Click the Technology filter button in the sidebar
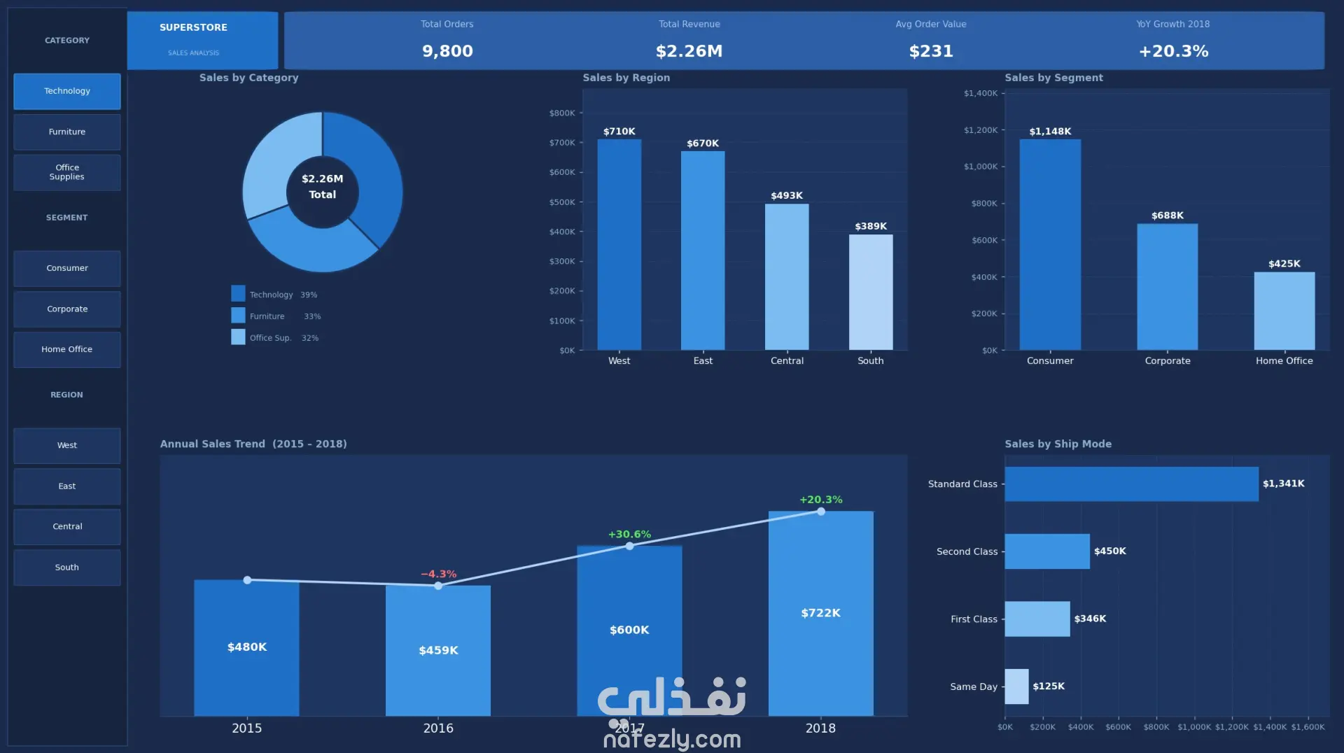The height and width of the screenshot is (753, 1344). pos(67,91)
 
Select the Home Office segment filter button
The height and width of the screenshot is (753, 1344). pos(67,349)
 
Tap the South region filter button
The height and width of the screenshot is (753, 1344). pos(67,568)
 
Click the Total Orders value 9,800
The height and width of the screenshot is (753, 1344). pos(447,51)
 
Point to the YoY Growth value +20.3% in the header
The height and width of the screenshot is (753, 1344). pos(1173,51)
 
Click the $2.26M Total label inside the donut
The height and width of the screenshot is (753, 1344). pos(323,187)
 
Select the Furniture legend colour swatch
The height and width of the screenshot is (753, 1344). pos(238,316)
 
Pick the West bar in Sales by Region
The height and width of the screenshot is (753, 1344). pos(619,244)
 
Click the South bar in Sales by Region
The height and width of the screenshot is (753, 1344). pos(871,292)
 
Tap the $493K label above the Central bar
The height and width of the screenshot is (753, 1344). pos(787,196)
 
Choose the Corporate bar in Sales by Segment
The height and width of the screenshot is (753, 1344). pos(1168,287)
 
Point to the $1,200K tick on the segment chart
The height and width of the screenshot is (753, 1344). pos(981,130)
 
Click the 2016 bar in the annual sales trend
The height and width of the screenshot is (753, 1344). pos(438,651)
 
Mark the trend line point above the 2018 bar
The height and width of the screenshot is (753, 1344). pos(821,512)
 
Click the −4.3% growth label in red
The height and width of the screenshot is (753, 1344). pos(438,574)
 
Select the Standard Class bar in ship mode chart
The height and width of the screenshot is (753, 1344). pos(1131,484)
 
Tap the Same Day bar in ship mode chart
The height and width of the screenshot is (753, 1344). pos(1016,687)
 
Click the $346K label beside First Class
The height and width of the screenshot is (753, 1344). pos(1090,619)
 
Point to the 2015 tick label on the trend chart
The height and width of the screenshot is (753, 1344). pos(247,729)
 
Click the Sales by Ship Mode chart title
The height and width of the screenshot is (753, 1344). pos(1058,444)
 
